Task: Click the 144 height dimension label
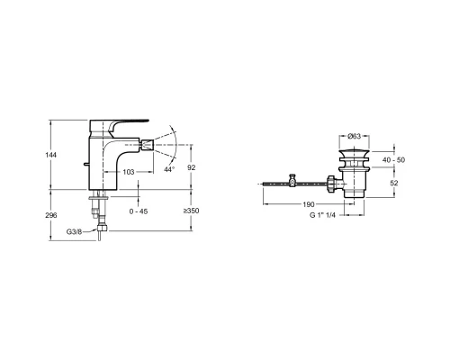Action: [x=51, y=155]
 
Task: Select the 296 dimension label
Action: [x=51, y=215]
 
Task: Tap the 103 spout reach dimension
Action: [x=129, y=172]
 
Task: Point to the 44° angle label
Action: [x=169, y=169]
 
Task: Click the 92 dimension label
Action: [x=192, y=167]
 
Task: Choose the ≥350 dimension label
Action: [x=192, y=211]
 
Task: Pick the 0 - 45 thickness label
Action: [x=139, y=211]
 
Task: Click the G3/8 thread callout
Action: [x=74, y=231]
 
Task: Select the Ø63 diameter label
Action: [x=355, y=137]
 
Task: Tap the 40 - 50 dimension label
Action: [x=393, y=160]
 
